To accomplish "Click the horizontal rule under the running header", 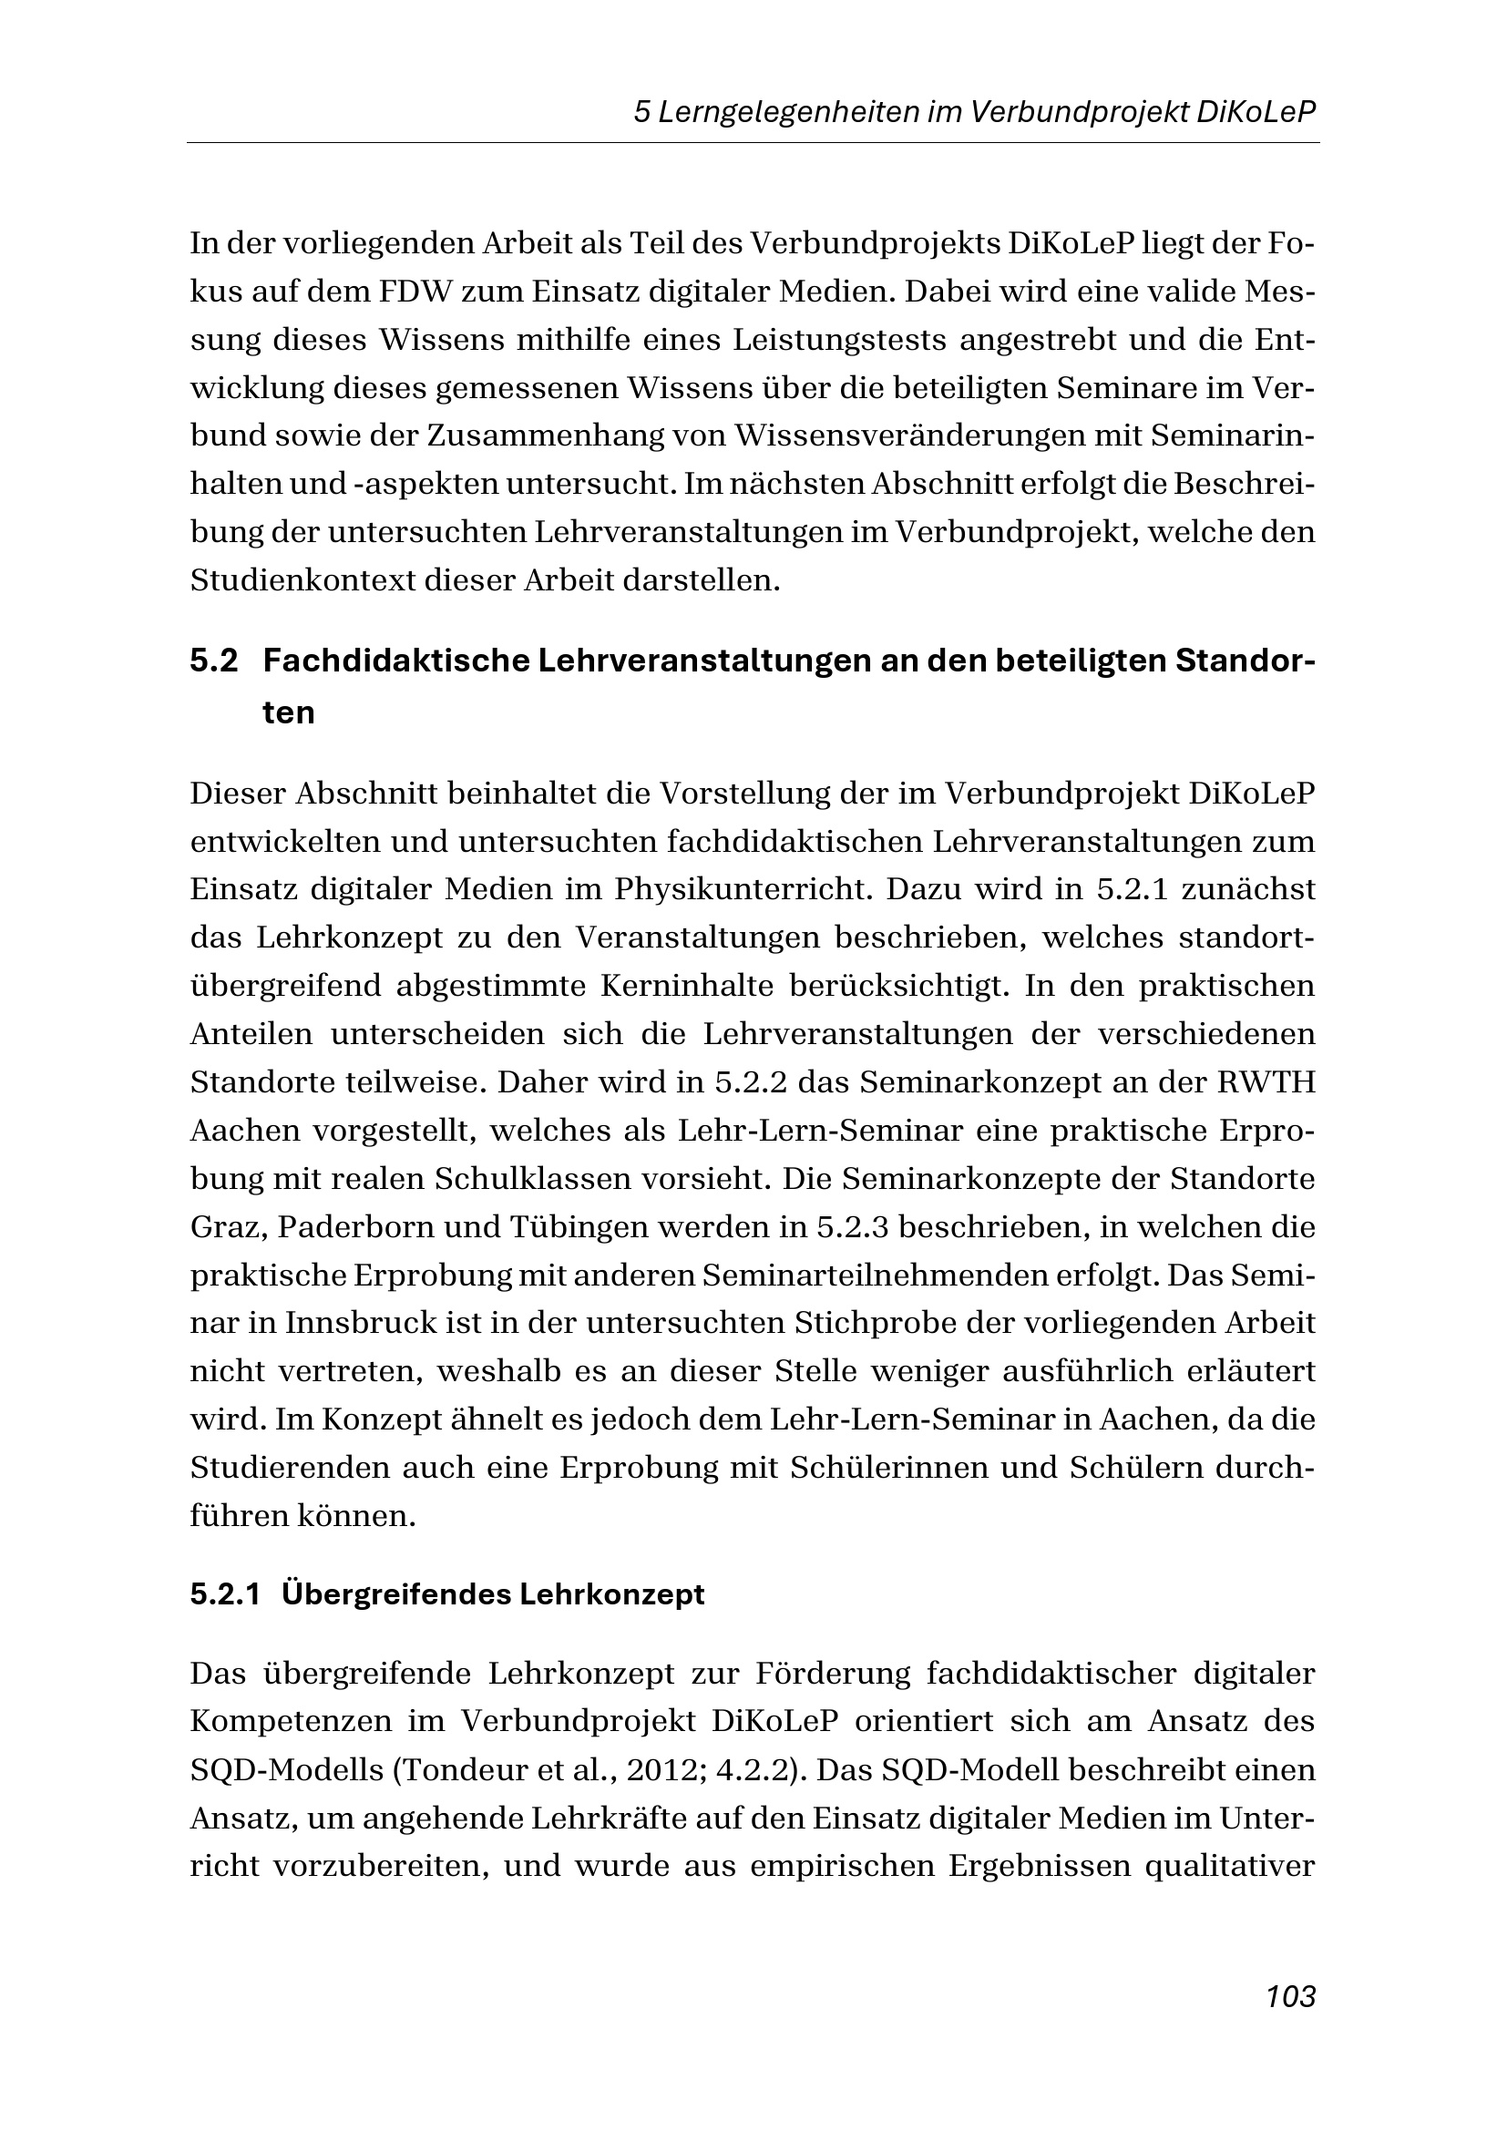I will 753,143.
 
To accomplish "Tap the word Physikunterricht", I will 741,889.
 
